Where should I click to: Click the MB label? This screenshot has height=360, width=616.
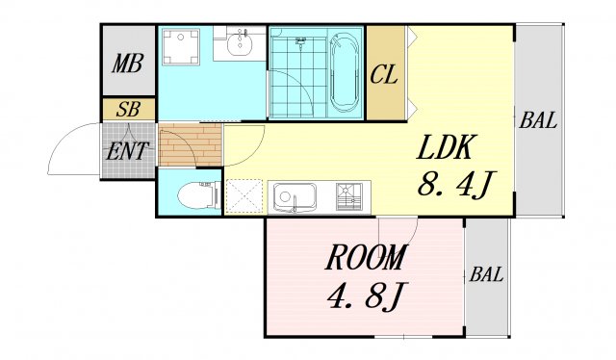pos(127,64)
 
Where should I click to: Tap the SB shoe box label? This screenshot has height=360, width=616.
pos(128,110)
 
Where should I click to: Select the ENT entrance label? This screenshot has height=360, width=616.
pos(127,151)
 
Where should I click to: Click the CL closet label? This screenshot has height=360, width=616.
pos(384,75)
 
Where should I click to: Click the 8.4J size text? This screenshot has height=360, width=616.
pos(455,184)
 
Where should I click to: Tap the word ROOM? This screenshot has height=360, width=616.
pos(365,257)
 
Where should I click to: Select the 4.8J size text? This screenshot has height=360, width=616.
pos(368,296)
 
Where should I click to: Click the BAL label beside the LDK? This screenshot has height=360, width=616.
pos(538,120)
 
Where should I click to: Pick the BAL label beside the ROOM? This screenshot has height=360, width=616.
pos(486,274)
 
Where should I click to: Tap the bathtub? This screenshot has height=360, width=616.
pos(345,73)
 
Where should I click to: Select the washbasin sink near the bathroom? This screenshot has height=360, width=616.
pos(239,44)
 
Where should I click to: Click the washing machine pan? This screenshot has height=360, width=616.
pos(180,46)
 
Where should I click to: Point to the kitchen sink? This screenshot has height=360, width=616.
pos(295,197)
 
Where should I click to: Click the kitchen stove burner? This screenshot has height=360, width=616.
pos(348,196)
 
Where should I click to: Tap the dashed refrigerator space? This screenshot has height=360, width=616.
pos(244,196)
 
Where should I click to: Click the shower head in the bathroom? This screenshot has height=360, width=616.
pos(301,40)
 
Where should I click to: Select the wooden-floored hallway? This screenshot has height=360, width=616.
pos(191,144)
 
